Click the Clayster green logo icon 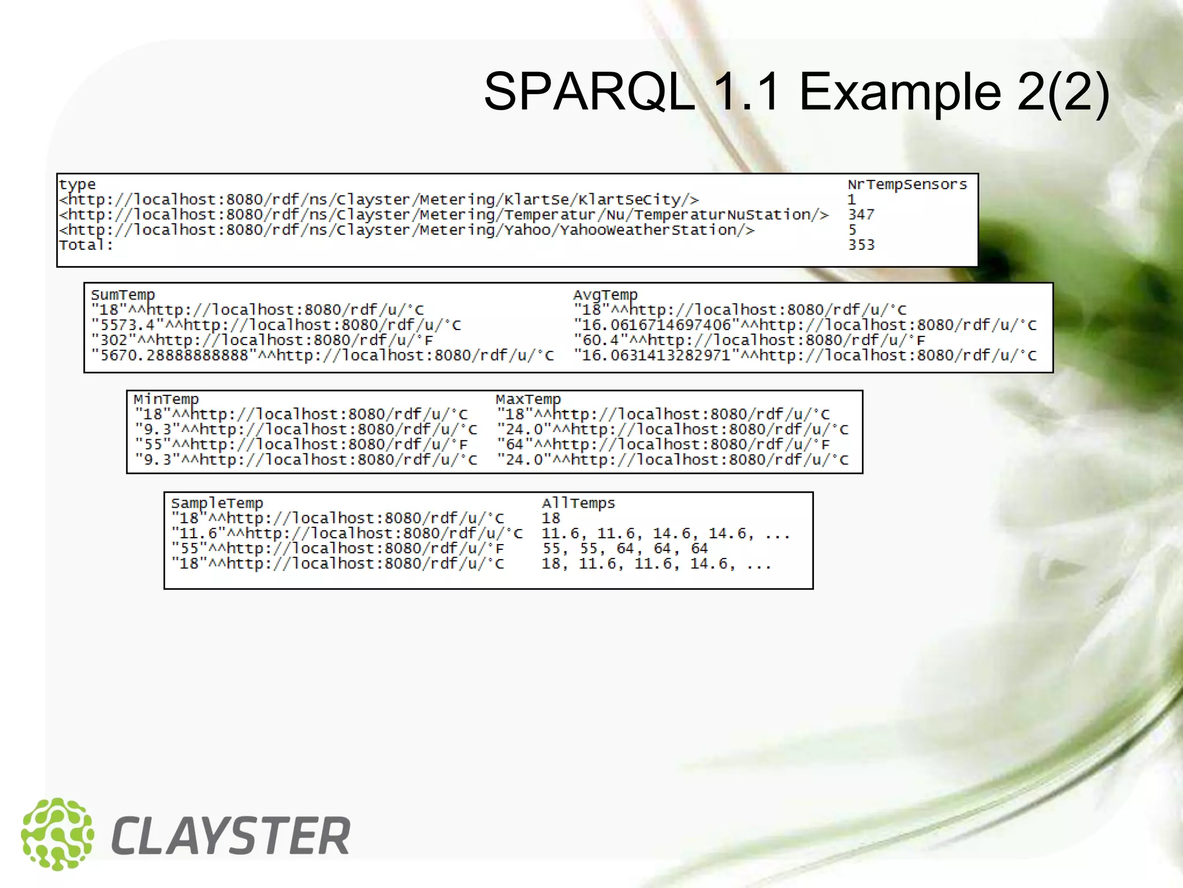[x=57, y=834]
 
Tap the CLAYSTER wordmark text [x=231, y=836]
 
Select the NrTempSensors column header [x=907, y=184]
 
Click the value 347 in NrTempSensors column [x=861, y=214]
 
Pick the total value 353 [x=861, y=245]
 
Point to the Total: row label [x=86, y=245]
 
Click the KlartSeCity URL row [x=379, y=199]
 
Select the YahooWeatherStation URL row [x=407, y=230]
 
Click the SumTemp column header [x=122, y=295]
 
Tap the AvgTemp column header [x=605, y=295]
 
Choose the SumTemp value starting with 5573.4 [x=276, y=325]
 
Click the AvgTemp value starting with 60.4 [x=749, y=340]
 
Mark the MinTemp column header [x=166, y=399]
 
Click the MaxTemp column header [x=528, y=399]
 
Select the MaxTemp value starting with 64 [x=663, y=445]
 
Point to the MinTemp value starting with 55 [x=301, y=445]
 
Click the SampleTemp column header [x=217, y=504]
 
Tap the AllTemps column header [x=578, y=504]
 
